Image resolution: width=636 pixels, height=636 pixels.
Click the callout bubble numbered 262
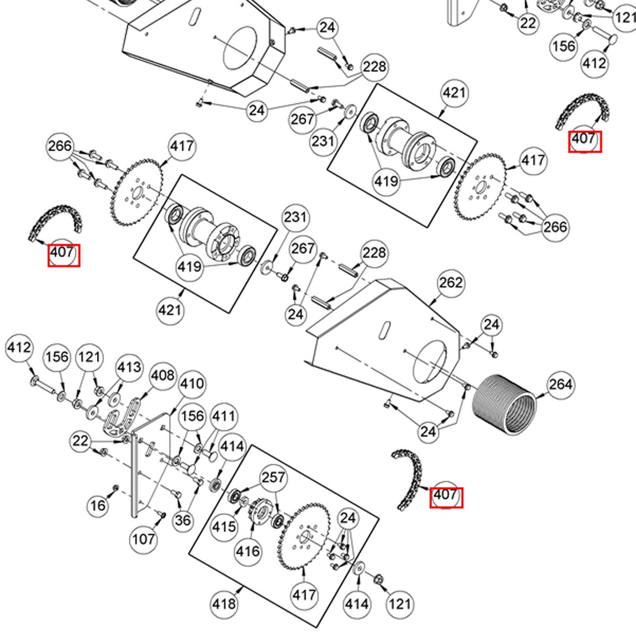pyautogui.click(x=451, y=283)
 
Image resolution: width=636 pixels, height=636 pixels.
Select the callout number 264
pyautogui.click(x=560, y=384)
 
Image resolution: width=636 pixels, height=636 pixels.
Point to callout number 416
pyautogui.click(x=248, y=551)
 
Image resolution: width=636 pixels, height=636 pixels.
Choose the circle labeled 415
pyautogui.click(x=224, y=527)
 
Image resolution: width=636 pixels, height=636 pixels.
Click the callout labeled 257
pyautogui.click(x=273, y=477)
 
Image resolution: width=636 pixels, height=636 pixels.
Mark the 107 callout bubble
pyautogui.click(x=143, y=539)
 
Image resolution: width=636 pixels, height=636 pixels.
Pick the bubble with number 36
pyautogui.click(x=183, y=520)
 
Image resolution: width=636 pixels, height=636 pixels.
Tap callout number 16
pyautogui.click(x=98, y=505)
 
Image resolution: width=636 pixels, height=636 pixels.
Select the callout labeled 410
pyautogui.click(x=192, y=384)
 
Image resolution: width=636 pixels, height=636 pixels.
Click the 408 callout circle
pyautogui.click(x=162, y=375)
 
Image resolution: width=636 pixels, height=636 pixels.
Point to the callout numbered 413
pyautogui.click(x=129, y=367)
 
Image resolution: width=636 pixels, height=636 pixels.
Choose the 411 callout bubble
pyautogui.click(x=224, y=416)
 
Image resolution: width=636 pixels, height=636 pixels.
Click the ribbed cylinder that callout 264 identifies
pyautogui.click(x=505, y=405)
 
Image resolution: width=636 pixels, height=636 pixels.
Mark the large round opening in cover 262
pyautogui.click(x=430, y=362)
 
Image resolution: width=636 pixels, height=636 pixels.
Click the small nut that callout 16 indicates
pyautogui.click(x=116, y=488)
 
